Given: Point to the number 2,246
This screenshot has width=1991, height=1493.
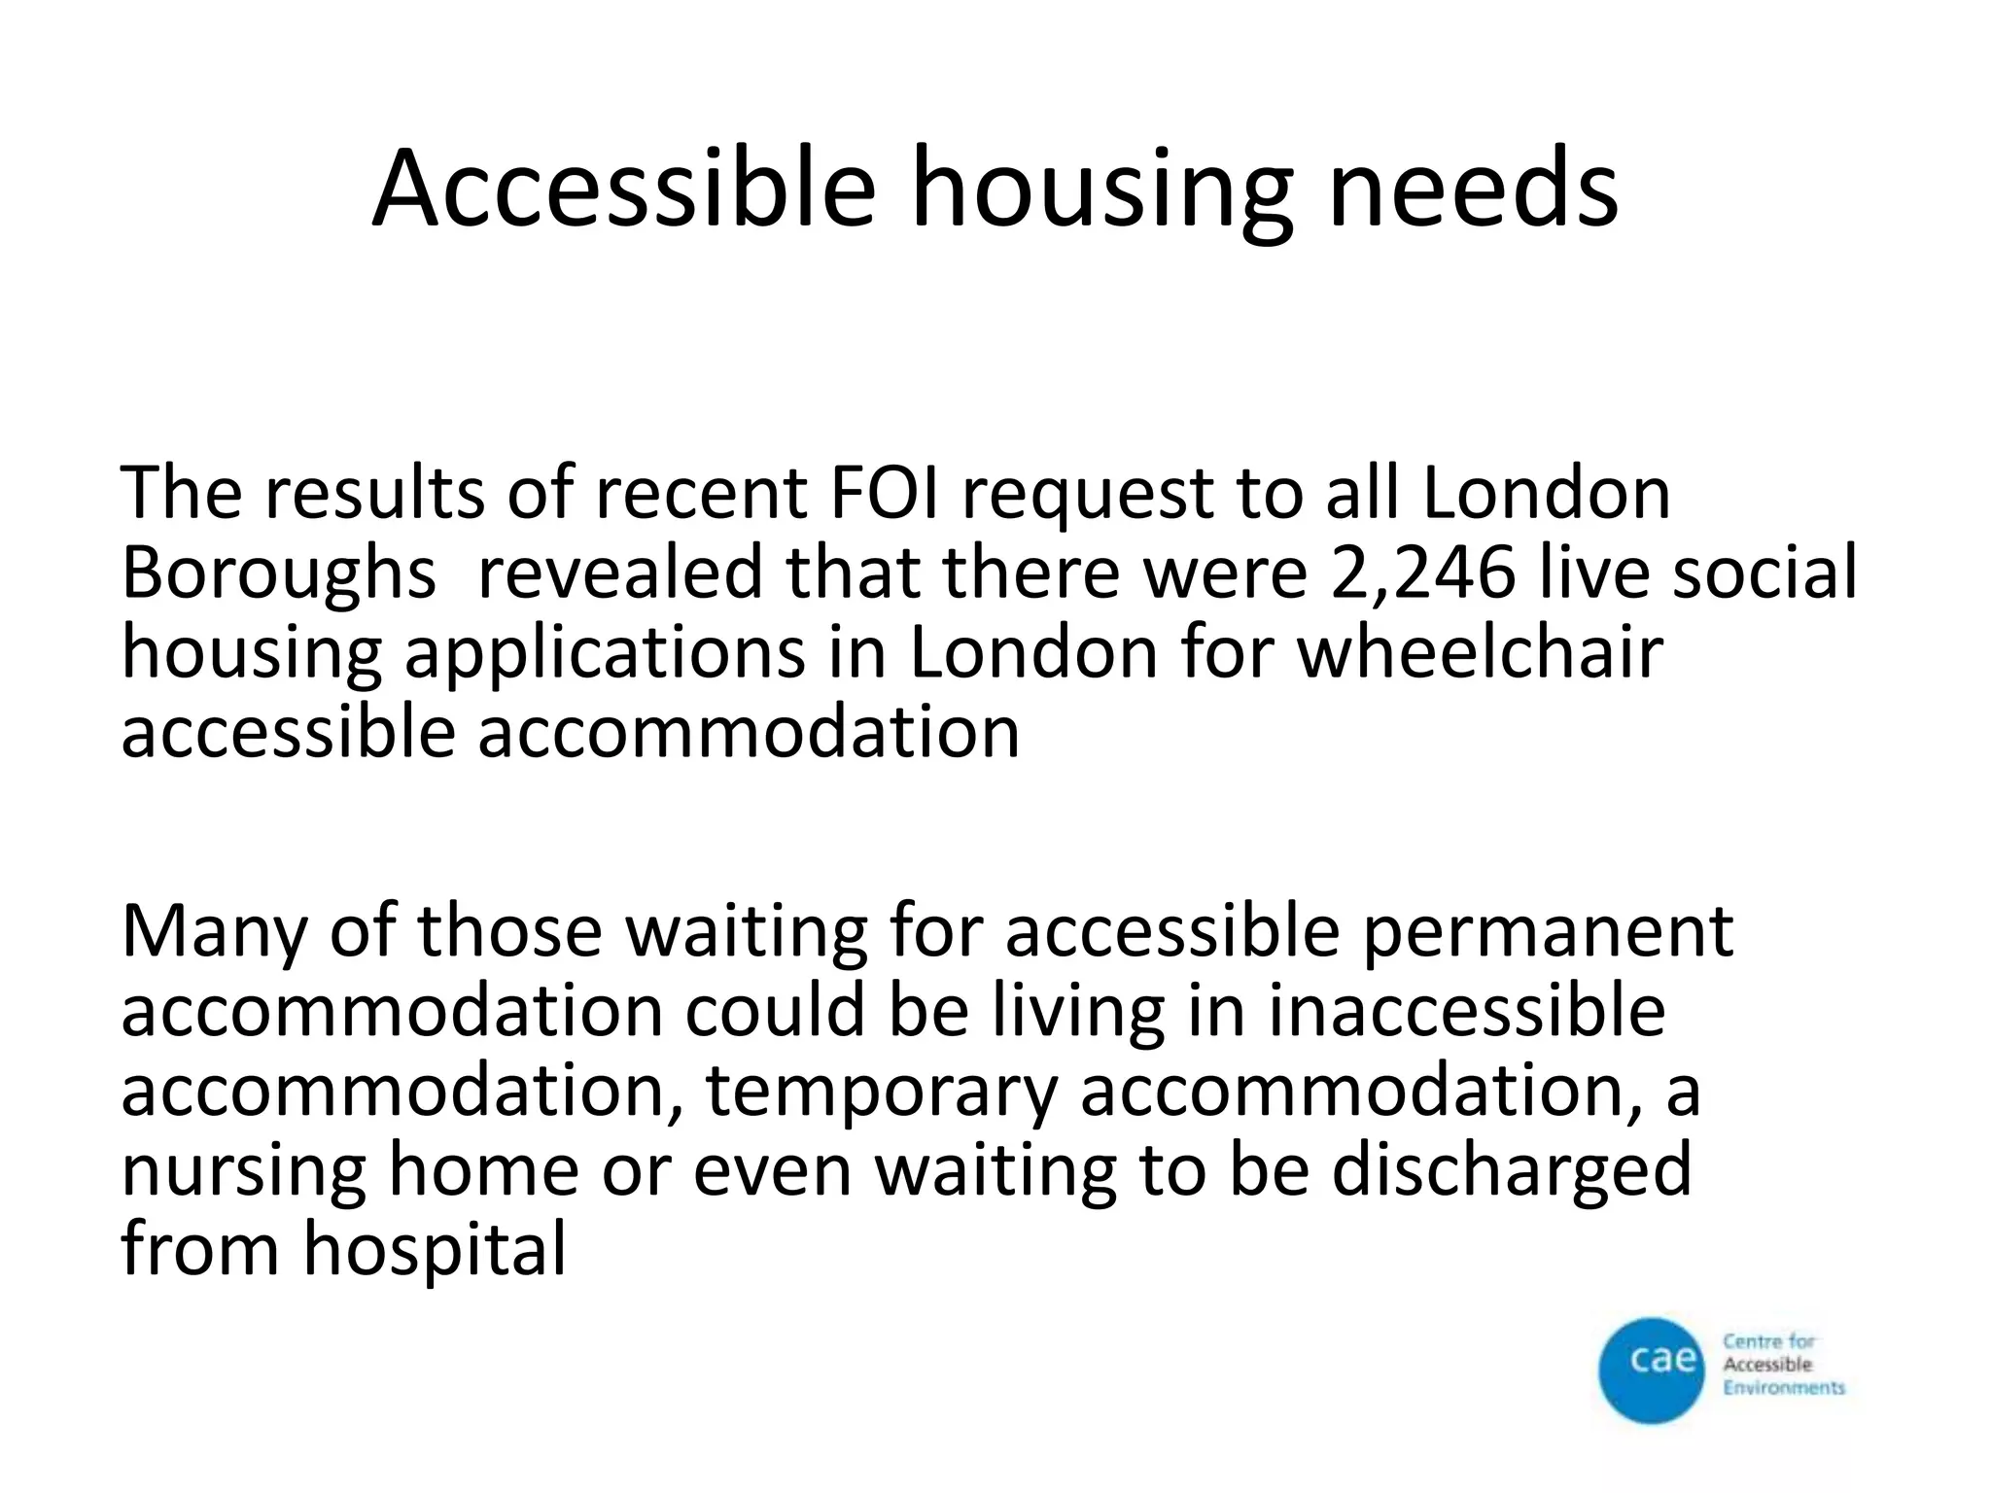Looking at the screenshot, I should pyautogui.click(x=1421, y=573).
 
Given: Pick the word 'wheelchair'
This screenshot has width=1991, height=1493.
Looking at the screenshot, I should pyautogui.click(x=1481, y=652).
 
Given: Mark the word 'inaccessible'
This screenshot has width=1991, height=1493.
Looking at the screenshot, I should pyautogui.click(x=1467, y=1011).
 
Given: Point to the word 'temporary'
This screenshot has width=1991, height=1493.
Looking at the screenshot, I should pyautogui.click(x=880, y=1094).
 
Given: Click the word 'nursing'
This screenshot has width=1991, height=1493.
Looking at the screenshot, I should pyautogui.click(x=243, y=1171).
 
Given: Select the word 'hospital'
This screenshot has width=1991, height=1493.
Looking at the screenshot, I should pyautogui.click(x=434, y=1251).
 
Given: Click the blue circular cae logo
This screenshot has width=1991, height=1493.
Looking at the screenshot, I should pyautogui.click(x=1652, y=1371).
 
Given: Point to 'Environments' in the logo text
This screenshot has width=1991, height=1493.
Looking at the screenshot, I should pyautogui.click(x=1783, y=1388).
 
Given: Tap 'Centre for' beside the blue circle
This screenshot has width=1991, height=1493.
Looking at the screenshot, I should pyautogui.click(x=1768, y=1342).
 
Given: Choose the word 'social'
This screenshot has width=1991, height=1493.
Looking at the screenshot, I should pyautogui.click(x=1764, y=573).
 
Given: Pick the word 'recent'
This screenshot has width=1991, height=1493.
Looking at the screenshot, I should pyautogui.click(x=701, y=493).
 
